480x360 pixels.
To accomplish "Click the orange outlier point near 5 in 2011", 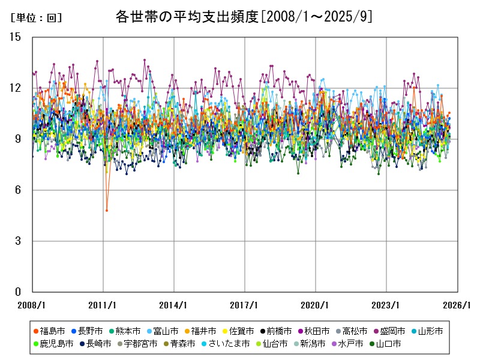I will (x=107, y=210).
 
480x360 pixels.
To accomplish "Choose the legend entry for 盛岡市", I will (x=393, y=331).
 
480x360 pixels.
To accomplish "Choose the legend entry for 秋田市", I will (x=317, y=331).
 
